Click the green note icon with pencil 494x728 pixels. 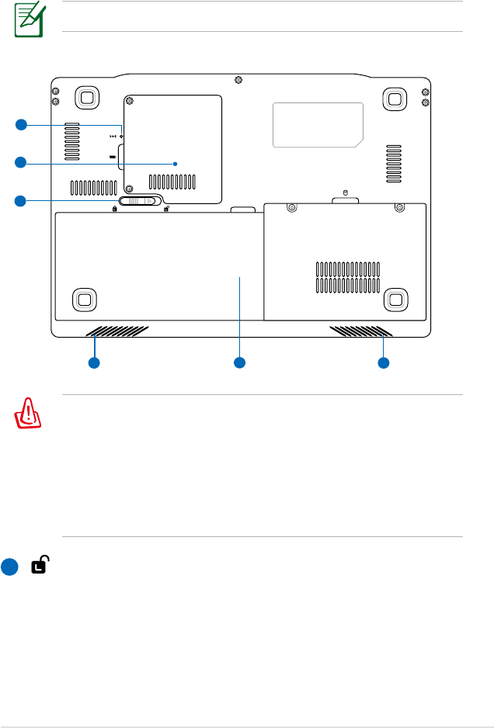(27, 19)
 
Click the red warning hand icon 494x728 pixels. (29, 415)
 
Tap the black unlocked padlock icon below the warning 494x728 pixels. (39, 567)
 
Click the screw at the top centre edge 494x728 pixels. (238, 79)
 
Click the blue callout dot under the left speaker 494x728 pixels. (94, 362)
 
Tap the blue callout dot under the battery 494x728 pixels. (239, 362)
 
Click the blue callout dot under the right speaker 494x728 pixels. (382, 362)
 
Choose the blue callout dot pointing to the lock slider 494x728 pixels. (22, 201)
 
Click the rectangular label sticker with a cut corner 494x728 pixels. (317, 124)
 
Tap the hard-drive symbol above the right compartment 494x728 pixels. (345, 193)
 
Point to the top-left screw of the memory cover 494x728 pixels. (130, 101)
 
